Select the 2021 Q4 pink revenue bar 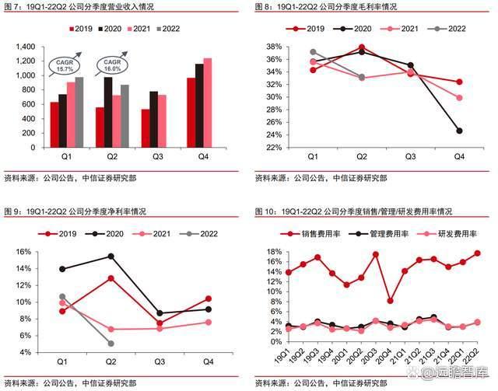point(207,103)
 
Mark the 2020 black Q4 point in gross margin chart point(458,131)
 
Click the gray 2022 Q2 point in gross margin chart point(362,77)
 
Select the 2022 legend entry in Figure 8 point(451,29)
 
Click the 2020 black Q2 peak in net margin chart point(110,256)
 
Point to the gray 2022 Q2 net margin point point(110,343)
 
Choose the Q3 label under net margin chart point(159,362)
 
